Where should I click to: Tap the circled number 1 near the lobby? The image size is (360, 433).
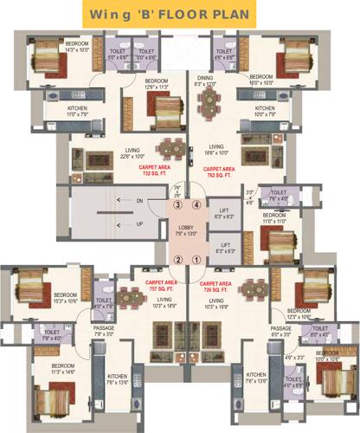(x=196, y=259)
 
